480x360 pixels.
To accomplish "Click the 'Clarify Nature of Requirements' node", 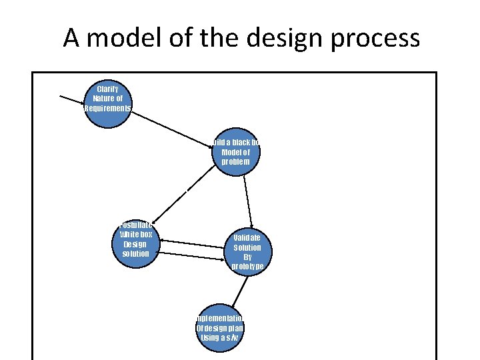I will [x=108, y=99].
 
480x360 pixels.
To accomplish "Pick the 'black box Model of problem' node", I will [x=235, y=153].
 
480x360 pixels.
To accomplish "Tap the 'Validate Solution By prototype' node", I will [x=247, y=251].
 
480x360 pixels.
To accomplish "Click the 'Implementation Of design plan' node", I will [x=220, y=328].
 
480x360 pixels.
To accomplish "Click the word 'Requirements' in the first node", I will [x=108, y=108].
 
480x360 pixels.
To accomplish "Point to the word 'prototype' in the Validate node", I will [x=247, y=266].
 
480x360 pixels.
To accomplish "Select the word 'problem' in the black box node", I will [x=235, y=161].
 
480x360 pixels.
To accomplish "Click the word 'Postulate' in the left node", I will [x=135, y=225].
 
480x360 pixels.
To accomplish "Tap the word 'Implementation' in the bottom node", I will [x=220, y=319].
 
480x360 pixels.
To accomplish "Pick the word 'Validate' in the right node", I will [x=247, y=237].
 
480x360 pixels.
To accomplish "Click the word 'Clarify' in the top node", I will [x=108, y=89].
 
